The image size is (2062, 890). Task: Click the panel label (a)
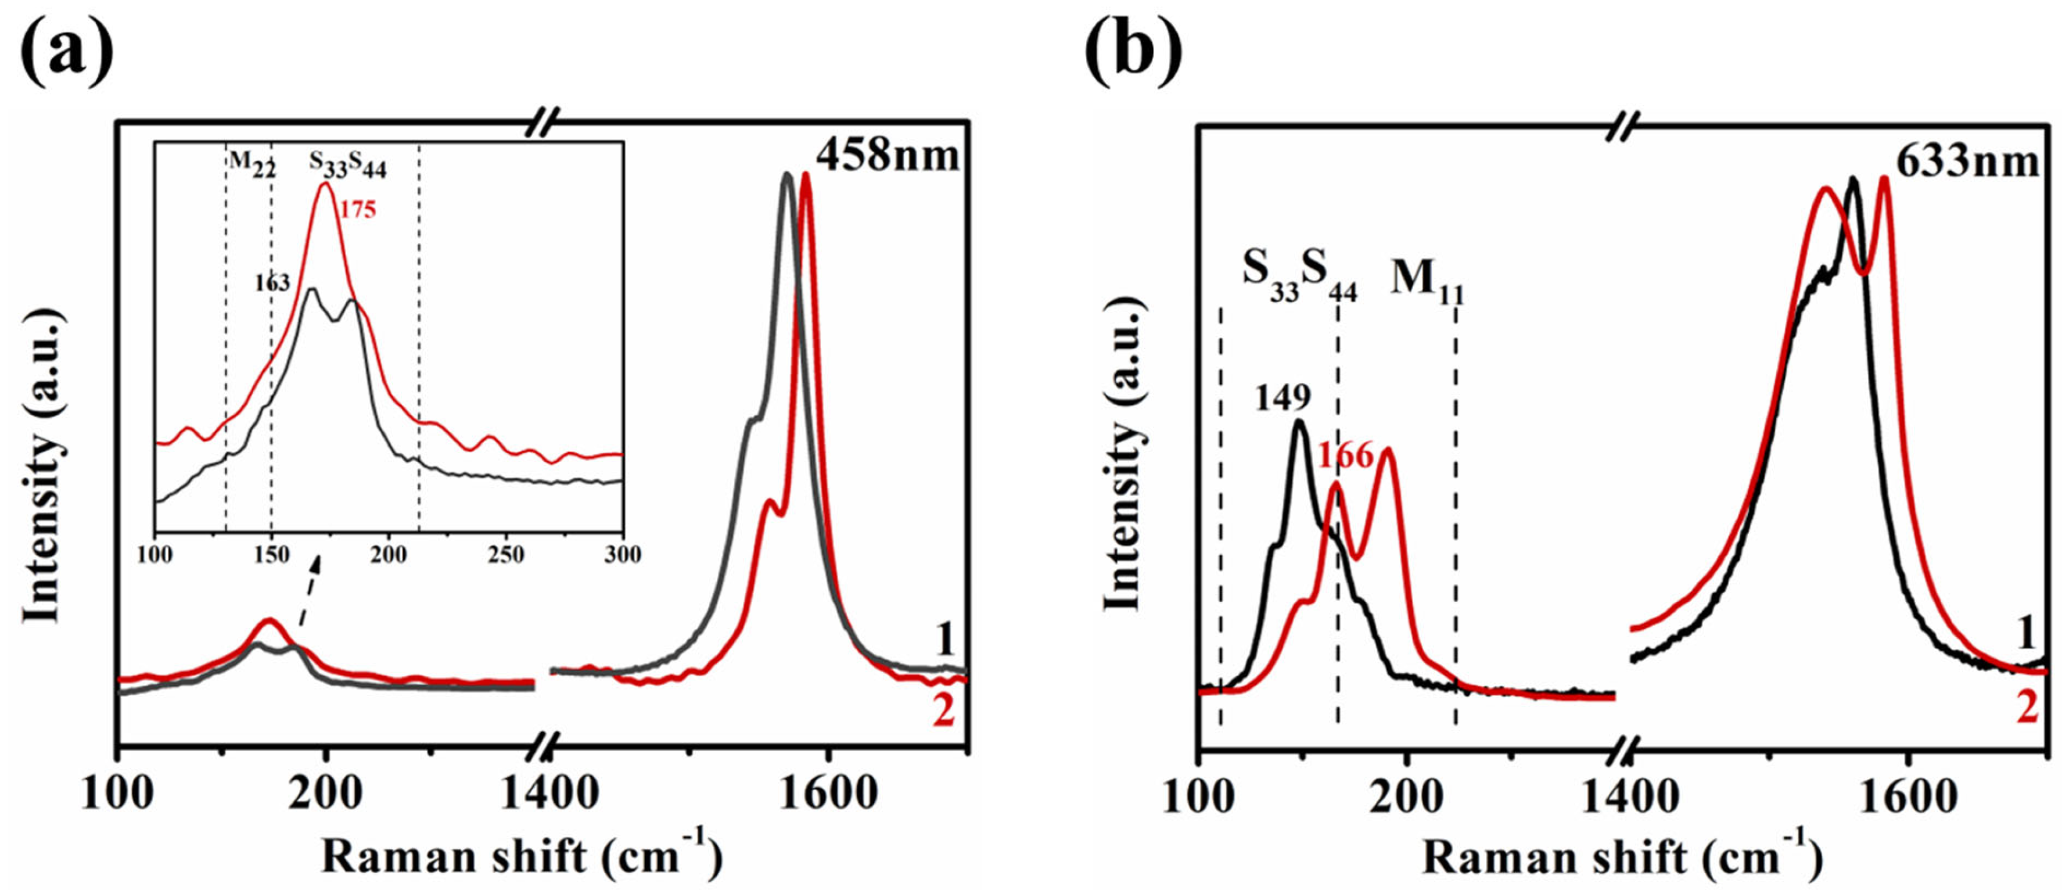point(66,49)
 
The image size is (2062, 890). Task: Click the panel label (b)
point(1133,49)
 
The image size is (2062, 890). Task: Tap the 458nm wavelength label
point(888,154)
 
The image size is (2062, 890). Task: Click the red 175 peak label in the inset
point(357,210)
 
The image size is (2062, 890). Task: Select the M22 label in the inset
point(252,163)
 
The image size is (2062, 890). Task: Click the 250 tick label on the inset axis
point(506,555)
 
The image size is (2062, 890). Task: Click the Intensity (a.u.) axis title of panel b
point(1123,455)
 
